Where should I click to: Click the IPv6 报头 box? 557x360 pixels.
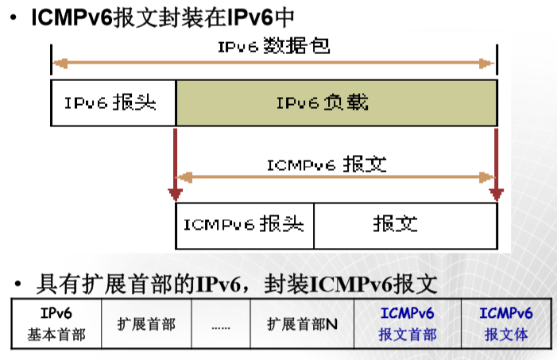pos(113,103)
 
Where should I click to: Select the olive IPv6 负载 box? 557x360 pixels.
pos(336,103)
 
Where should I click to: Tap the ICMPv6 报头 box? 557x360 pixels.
pos(245,225)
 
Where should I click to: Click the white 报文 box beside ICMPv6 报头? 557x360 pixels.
pos(406,225)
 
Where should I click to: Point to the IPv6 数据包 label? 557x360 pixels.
pos(273,46)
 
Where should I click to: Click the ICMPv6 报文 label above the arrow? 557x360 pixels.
pos(327,165)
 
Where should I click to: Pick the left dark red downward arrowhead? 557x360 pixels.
pos(176,194)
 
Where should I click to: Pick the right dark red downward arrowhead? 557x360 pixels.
pos(497,194)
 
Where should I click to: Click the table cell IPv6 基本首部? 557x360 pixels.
pos(56,323)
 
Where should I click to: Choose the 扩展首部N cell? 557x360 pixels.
pos(303,323)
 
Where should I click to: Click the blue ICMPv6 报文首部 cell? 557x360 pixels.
pos(407,323)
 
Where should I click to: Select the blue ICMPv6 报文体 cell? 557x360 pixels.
pos(506,323)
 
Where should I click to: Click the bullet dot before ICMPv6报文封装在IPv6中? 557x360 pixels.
pos(15,17)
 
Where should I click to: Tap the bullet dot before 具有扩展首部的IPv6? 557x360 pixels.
pos(15,284)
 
